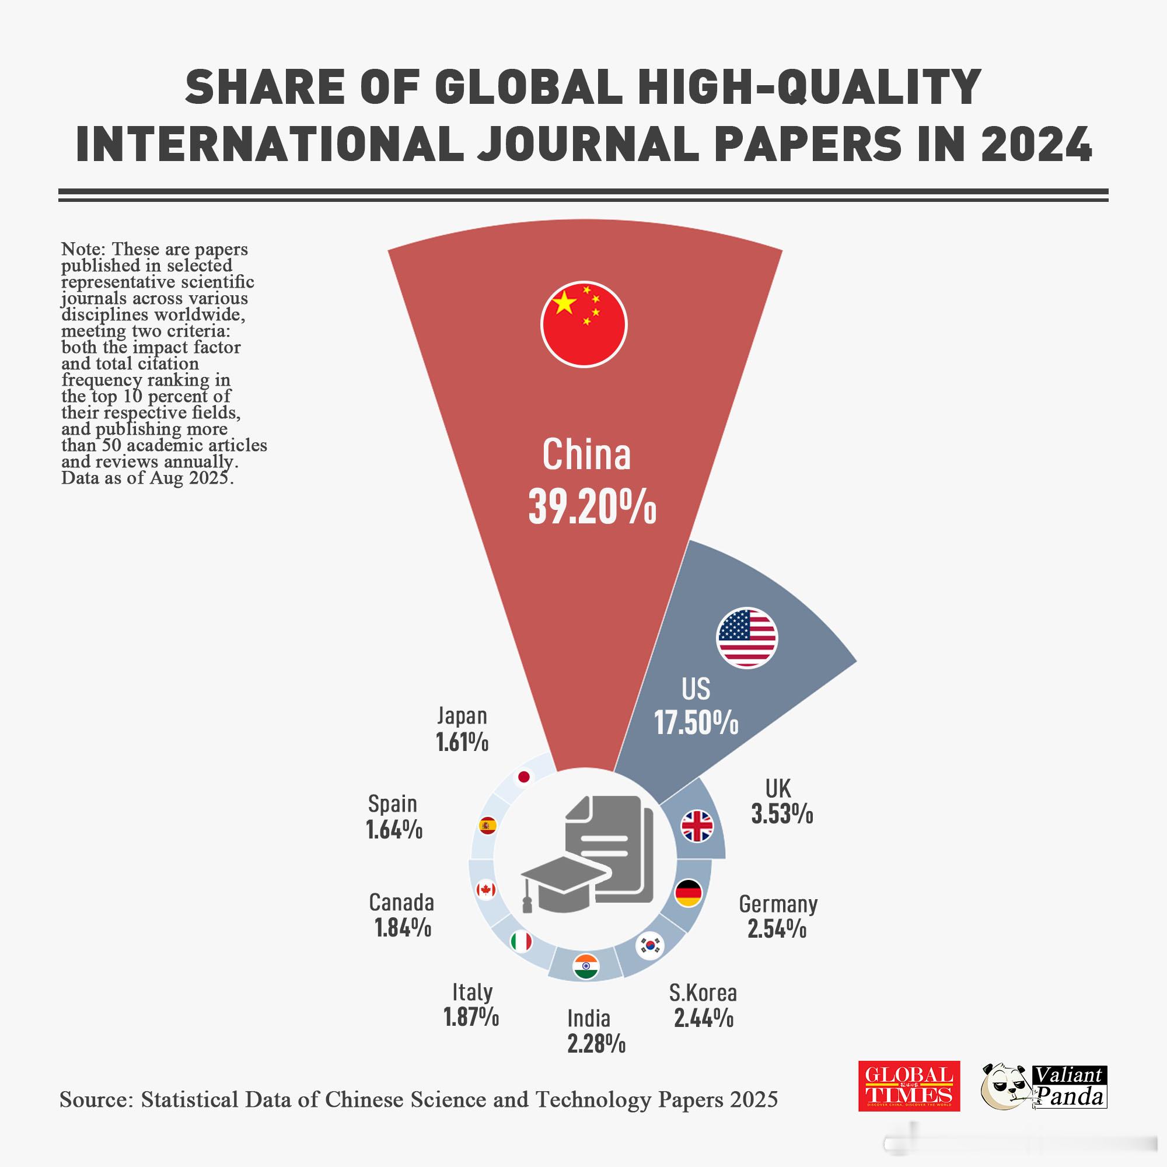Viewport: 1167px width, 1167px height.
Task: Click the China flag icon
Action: [x=583, y=324]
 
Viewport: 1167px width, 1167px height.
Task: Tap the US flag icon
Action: [x=747, y=638]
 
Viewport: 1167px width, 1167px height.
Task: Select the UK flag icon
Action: [x=697, y=826]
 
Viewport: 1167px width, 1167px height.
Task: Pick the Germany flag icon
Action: [x=688, y=893]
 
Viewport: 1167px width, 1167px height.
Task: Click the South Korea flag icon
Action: [x=651, y=946]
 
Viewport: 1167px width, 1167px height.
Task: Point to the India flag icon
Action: [x=585, y=967]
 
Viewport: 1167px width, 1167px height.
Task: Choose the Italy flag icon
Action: [x=520, y=941]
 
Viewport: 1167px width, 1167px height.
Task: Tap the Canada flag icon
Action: [x=485, y=890]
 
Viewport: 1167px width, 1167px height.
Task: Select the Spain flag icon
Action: [x=487, y=825]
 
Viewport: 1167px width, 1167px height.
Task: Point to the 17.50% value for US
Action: [x=697, y=722]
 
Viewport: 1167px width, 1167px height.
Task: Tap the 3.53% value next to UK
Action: [x=782, y=814]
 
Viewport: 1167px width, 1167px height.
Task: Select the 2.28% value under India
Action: [x=596, y=1043]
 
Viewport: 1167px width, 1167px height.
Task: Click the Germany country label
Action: [x=778, y=904]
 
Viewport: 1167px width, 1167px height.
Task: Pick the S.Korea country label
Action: [x=703, y=993]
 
